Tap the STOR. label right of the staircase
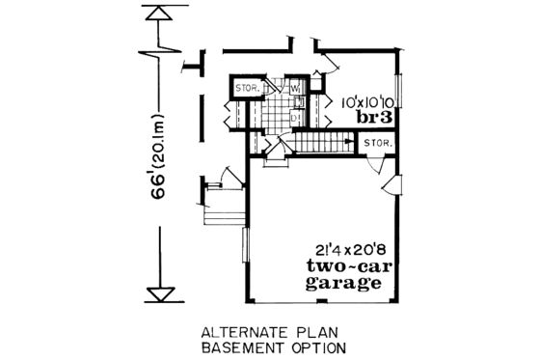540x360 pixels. coord(377,144)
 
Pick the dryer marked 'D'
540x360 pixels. coord(296,116)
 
